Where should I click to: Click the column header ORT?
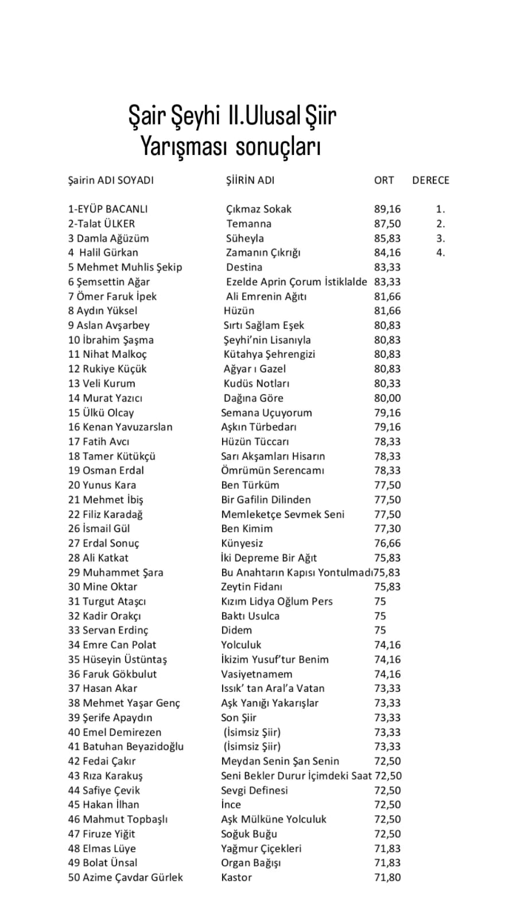tap(384, 180)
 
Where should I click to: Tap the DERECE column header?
tap(430, 180)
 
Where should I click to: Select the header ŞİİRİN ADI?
tap(250, 180)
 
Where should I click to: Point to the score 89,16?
tap(387, 210)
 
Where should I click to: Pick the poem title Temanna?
tap(249, 224)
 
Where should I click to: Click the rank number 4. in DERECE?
tap(440, 253)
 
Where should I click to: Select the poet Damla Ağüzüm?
tap(108, 238)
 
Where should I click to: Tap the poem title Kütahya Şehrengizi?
tap(269, 354)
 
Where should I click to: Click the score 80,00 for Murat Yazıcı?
tap(387, 398)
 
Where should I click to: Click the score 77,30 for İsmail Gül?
tap(387, 529)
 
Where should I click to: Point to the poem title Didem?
tap(236, 630)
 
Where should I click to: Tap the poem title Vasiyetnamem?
tap(257, 674)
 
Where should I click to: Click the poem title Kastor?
tap(236, 877)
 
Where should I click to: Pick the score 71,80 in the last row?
tap(387, 877)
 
